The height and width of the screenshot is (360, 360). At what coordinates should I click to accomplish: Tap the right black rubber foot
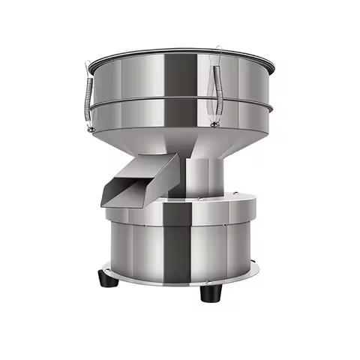tap(209, 292)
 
